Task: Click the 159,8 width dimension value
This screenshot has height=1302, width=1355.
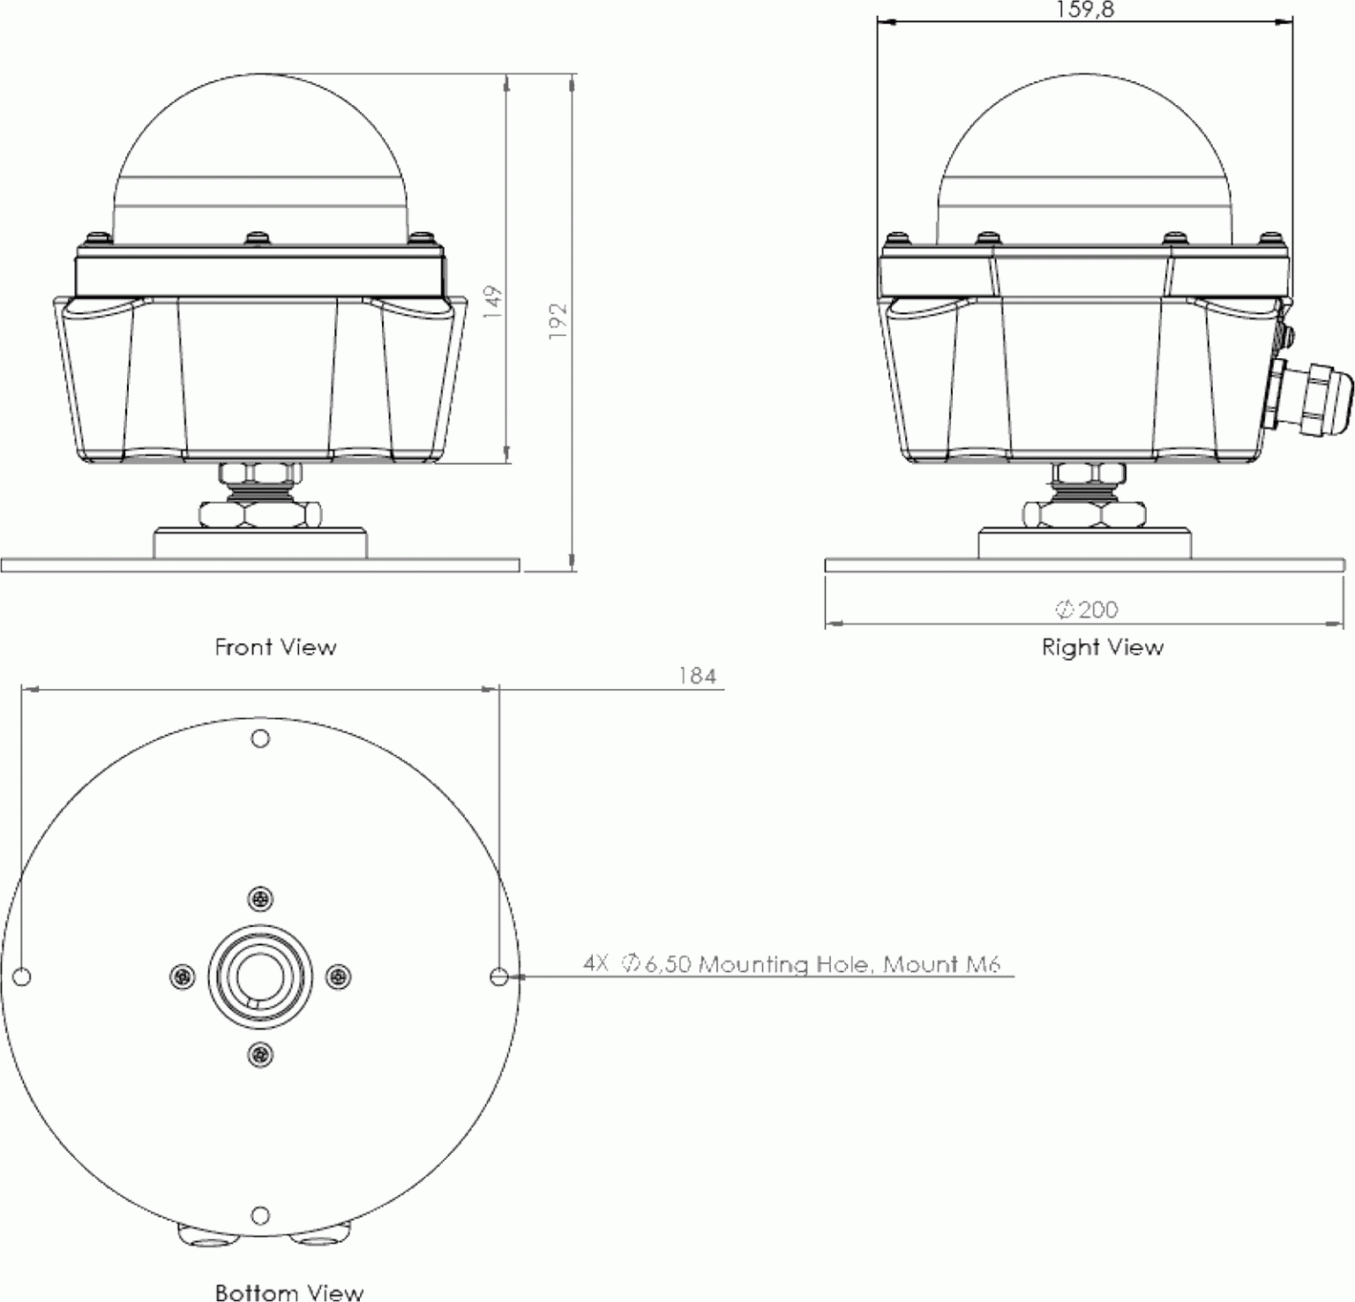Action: point(1084,10)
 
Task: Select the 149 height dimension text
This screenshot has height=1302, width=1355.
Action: point(493,302)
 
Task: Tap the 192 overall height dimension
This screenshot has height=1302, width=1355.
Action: point(558,321)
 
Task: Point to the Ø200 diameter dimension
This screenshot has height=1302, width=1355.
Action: point(1087,610)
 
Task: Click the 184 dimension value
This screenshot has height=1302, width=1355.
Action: point(697,676)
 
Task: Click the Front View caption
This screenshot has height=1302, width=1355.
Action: point(275,647)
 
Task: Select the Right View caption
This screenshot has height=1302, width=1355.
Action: point(1102,647)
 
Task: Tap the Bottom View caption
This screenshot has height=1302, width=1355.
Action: point(289,1292)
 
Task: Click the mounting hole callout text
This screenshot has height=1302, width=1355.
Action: point(792,964)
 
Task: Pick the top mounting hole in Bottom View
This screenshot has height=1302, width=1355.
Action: point(260,738)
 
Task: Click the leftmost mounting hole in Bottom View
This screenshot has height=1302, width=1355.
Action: point(24,976)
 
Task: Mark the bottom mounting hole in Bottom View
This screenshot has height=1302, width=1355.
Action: point(260,1216)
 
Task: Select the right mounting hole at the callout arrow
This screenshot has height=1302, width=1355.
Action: point(498,976)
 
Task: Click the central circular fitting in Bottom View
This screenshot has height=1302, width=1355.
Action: point(260,976)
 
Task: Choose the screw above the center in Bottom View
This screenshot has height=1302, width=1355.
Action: point(260,899)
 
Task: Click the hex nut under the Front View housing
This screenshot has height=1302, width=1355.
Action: point(260,513)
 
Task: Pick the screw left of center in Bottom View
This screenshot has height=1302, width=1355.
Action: point(182,976)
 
